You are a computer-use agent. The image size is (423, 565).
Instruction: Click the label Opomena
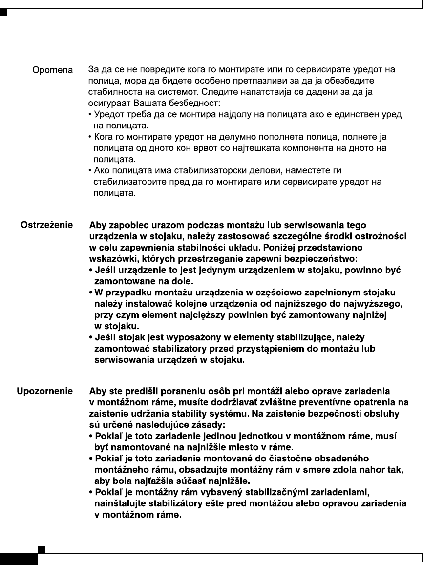52,70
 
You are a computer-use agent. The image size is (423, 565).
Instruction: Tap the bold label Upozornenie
45,391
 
